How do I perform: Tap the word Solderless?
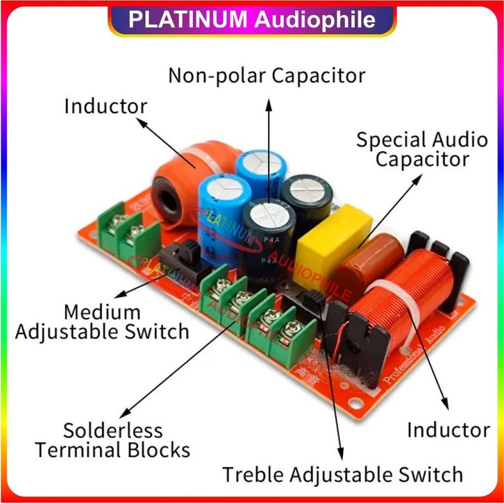112,430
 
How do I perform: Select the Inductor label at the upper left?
106,106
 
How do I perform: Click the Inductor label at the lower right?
448,430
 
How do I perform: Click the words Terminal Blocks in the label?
113,450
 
